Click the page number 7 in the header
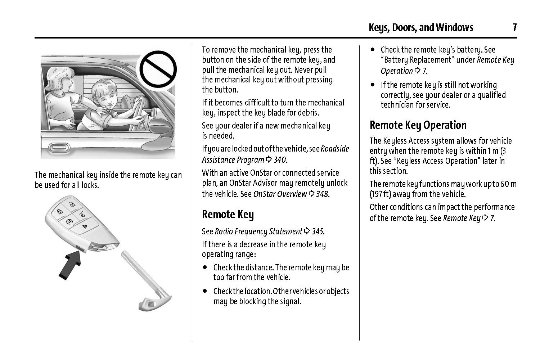pos(514,27)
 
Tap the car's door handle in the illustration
pos(59,147)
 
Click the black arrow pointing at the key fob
pos(70,265)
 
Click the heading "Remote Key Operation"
pos(418,125)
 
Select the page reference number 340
pos(280,159)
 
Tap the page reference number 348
pos(322,194)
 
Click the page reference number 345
pos(318,231)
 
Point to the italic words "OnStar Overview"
pos(280,194)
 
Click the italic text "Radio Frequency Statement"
pos(258,231)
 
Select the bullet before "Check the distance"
pos(205,267)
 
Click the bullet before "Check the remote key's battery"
pos(373,50)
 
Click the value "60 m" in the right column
pos(509,184)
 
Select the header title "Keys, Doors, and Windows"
pos(420,27)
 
